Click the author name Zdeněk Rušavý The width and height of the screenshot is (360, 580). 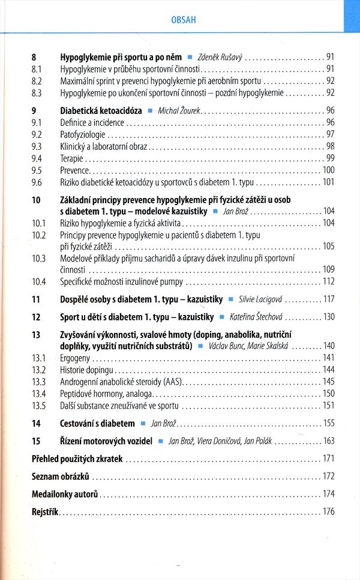click(x=220, y=58)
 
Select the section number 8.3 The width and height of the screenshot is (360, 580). click(x=36, y=92)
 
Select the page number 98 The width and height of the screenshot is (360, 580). click(x=329, y=146)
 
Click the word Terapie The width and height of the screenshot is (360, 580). click(x=71, y=158)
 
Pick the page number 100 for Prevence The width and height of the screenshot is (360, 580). click(x=328, y=170)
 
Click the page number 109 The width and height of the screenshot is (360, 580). click(x=328, y=269)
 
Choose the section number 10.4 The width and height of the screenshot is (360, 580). click(x=38, y=281)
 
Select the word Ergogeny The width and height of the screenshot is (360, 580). click(x=74, y=358)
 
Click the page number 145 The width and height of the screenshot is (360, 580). click(x=328, y=381)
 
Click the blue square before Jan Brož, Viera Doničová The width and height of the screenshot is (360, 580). click(x=160, y=441)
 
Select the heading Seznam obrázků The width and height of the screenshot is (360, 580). click(x=60, y=476)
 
